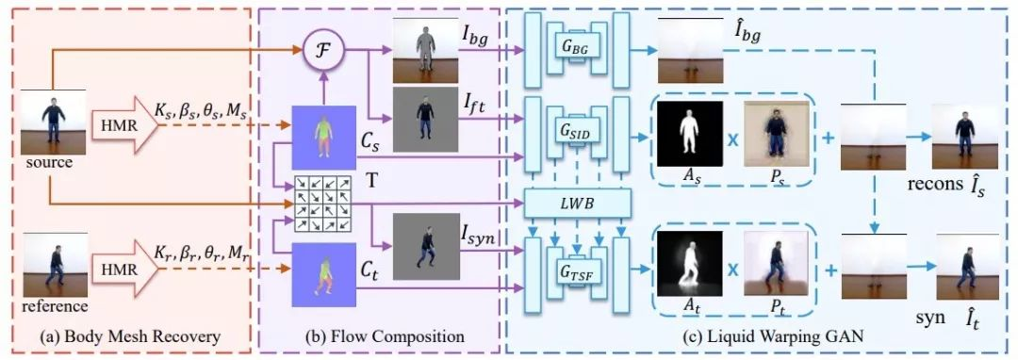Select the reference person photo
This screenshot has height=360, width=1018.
tap(53, 267)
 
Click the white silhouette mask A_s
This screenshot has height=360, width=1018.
tap(685, 130)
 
